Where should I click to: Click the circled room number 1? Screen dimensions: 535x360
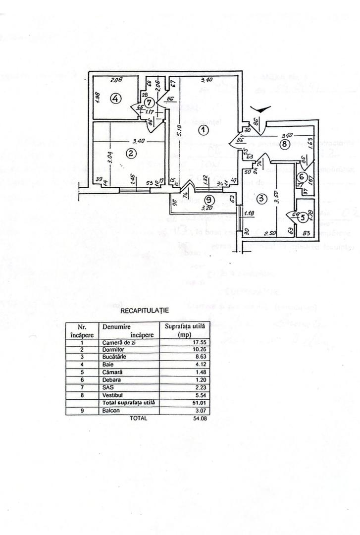tap(204, 130)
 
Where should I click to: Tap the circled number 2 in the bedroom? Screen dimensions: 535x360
tap(131, 154)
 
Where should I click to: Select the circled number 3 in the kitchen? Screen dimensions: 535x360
tap(262, 199)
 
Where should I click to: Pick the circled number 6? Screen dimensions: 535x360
tap(301, 177)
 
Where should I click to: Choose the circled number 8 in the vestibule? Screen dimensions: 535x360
tap(283, 145)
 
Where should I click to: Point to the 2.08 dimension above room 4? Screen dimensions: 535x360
tap(117, 80)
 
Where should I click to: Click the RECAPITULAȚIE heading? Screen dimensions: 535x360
tap(145, 311)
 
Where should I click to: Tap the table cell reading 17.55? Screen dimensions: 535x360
tap(185, 342)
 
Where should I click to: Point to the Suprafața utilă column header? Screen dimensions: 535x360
tap(185, 330)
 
